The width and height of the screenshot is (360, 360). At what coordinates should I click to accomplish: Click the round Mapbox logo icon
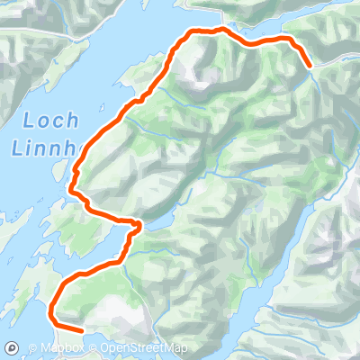pyautogui.click(x=13, y=347)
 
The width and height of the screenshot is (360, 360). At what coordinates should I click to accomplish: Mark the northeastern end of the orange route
pyautogui.click(x=310, y=66)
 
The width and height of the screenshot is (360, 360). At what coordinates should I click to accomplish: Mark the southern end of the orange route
pyautogui.click(x=84, y=330)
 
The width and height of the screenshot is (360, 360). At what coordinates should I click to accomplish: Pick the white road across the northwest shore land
pyautogui.click(x=54, y=36)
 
